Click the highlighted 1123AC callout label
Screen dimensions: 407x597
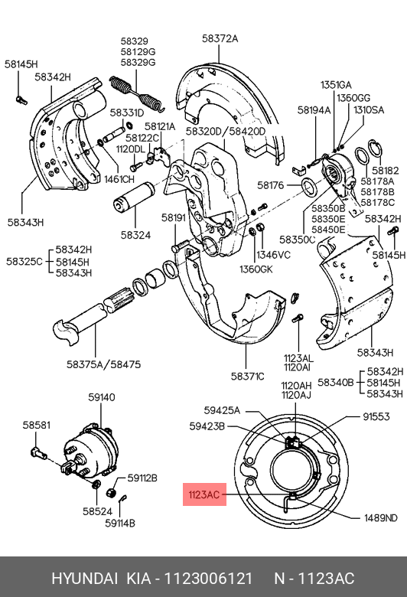pos(204,494)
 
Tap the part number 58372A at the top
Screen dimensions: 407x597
pos(220,38)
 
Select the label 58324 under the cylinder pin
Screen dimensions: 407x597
pos(135,235)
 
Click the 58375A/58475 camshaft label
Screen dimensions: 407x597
pos(103,364)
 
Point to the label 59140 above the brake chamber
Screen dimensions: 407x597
pos(101,397)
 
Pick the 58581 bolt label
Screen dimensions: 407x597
pos(36,425)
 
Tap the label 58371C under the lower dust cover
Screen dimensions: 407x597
pos(247,376)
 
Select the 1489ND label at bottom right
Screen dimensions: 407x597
pos(381,518)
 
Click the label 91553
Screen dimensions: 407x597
pos(376,416)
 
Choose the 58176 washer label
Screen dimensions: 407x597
pos(271,185)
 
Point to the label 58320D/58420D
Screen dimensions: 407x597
pos(226,131)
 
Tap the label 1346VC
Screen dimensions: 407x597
pos(273,254)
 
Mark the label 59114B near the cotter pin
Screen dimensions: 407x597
pos(120,523)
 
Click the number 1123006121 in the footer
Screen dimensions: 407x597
pos(208,579)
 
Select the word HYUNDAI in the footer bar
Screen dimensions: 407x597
pos(84,579)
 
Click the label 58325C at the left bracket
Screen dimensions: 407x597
pos(24,262)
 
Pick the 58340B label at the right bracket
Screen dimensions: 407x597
pos(336,382)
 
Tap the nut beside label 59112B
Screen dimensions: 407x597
pos(111,492)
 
